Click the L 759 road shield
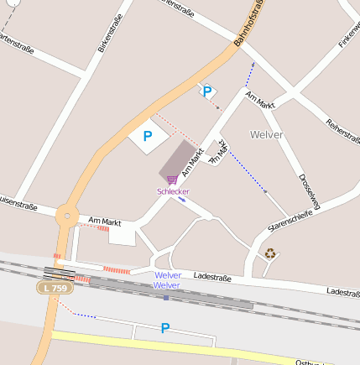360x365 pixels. [55, 288]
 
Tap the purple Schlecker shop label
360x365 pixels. [173, 191]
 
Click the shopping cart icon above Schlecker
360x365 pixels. [172, 179]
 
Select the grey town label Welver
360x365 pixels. [267, 134]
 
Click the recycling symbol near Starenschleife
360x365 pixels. [270, 253]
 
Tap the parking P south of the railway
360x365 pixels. [165, 328]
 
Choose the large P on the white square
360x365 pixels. [148, 135]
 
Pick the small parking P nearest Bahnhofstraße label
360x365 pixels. [206, 91]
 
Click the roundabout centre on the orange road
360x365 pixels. [66, 215]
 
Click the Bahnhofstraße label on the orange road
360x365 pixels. [249, 23]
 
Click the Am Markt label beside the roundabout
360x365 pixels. [105, 222]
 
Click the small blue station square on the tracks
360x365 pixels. [166, 297]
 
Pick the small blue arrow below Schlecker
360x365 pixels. [182, 200]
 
